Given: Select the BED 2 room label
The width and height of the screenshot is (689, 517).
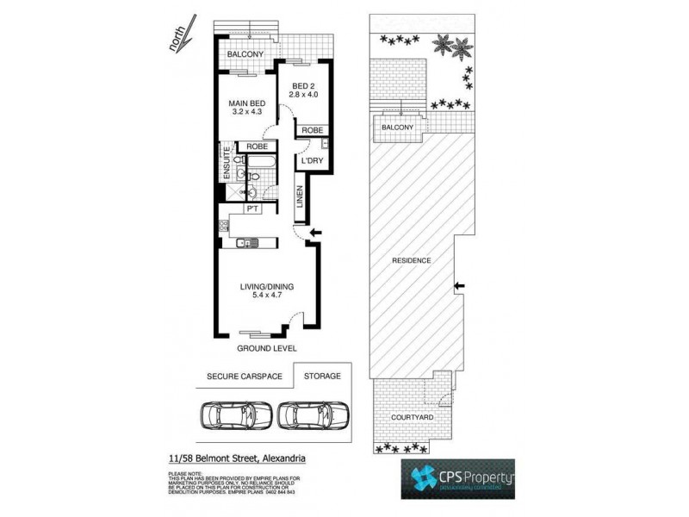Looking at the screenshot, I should (305, 85).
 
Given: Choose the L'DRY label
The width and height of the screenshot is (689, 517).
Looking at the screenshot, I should (311, 161).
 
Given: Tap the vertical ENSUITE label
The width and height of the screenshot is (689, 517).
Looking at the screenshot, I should (227, 162).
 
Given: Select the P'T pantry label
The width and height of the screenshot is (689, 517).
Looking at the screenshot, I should (253, 209).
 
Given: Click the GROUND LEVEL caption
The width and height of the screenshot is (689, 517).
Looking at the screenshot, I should (267, 348).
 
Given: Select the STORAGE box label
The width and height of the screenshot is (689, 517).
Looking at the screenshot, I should (321, 376).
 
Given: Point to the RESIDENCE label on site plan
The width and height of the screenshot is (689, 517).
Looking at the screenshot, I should (411, 260).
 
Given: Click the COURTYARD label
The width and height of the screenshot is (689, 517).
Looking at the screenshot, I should (413, 417).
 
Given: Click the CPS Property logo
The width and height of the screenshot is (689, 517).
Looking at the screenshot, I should (457, 479).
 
